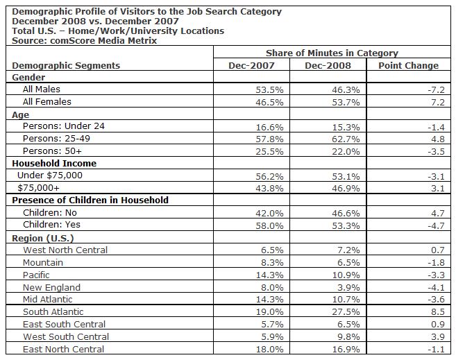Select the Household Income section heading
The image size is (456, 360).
(54, 164)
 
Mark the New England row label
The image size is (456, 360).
(51, 287)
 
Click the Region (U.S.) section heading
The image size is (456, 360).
(45, 238)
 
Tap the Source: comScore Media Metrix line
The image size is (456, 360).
(84, 40)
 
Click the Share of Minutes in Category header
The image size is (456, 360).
(332, 53)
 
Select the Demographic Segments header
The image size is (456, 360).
(66, 65)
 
